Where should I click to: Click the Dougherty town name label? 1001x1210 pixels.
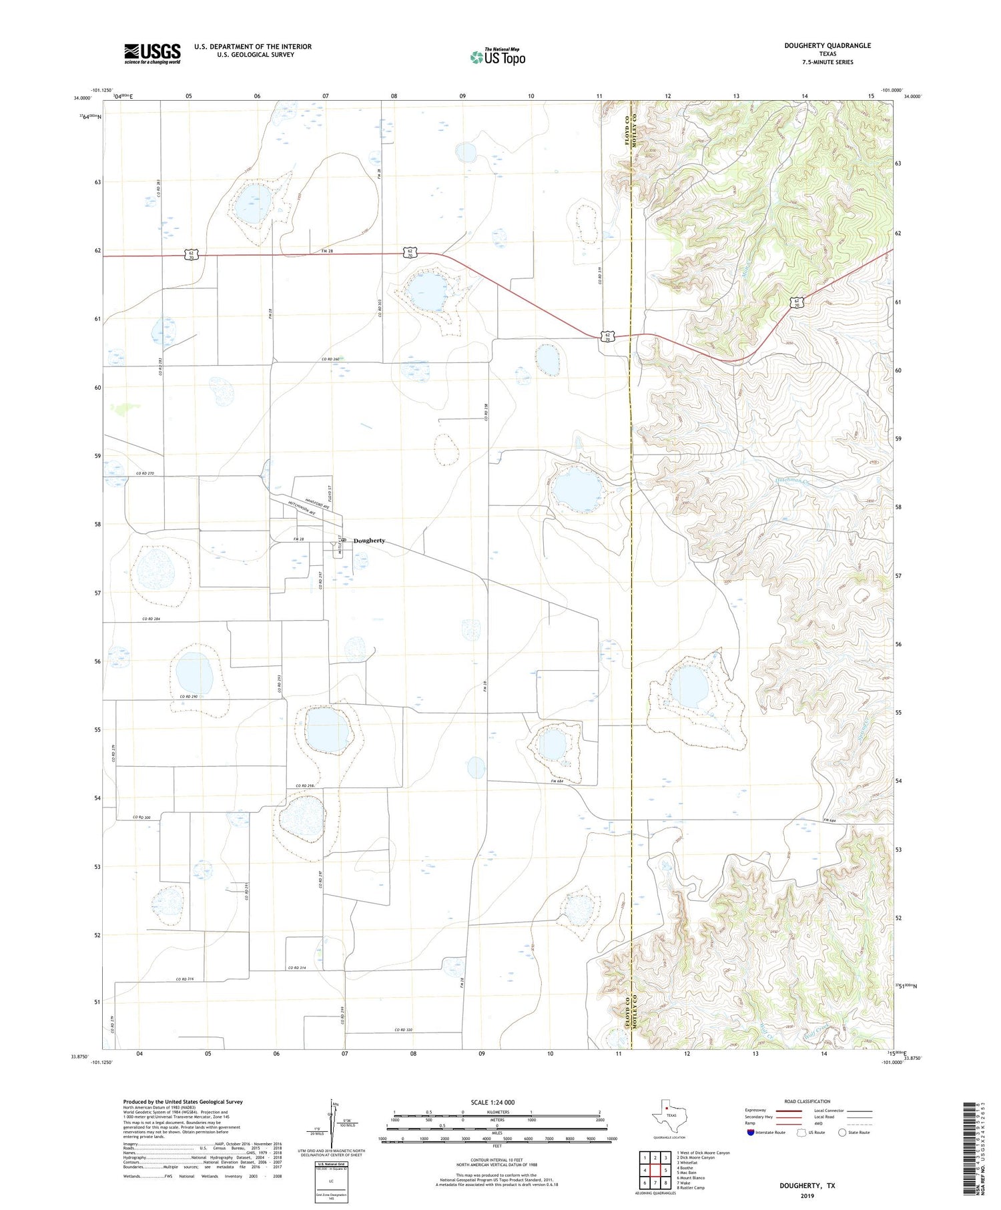369,541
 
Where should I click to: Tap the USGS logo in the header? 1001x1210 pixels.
152,53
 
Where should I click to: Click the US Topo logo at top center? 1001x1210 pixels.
498,57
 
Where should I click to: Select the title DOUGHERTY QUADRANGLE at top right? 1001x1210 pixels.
828,45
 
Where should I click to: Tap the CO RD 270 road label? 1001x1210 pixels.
145,473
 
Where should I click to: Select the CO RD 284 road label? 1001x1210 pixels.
151,619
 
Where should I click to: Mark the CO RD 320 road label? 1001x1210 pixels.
403,1030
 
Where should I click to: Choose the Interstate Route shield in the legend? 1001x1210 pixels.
752,1133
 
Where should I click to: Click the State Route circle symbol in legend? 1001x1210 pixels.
843,1133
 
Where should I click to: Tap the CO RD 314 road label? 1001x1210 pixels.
298,968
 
